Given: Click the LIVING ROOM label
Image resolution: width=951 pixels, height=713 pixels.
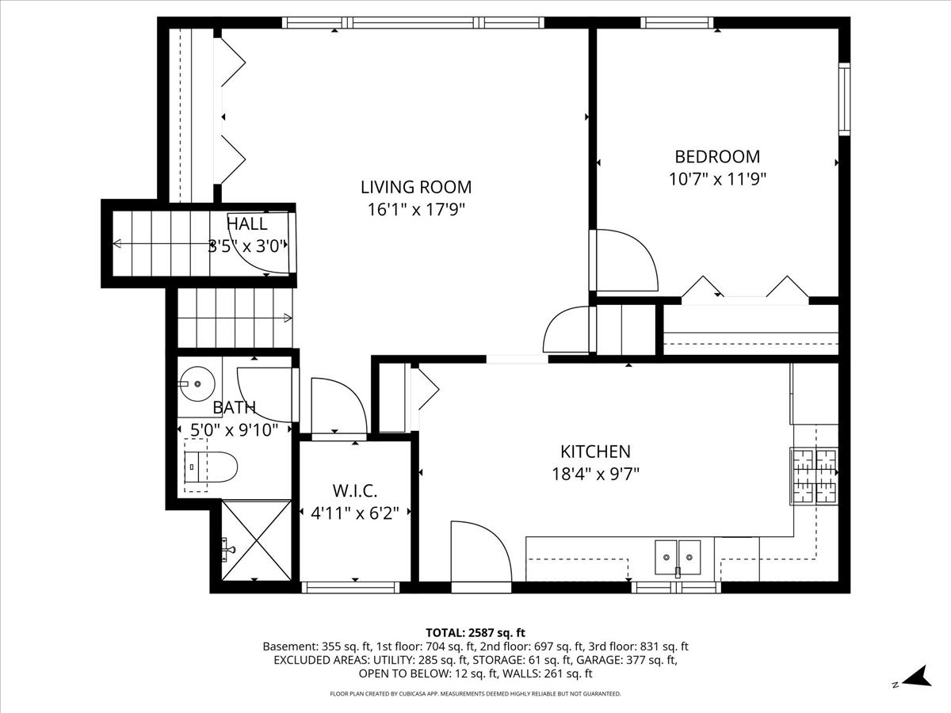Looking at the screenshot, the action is pyautogui.click(x=416, y=187).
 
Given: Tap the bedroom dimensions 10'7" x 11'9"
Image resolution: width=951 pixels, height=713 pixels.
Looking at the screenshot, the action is pyautogui.click(x=717, y=179).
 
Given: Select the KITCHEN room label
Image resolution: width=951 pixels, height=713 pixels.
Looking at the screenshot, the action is pyautogui.click(x=595, y=452).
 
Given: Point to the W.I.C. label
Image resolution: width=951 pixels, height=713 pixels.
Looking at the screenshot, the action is pyautogui.click(x=355, y=491).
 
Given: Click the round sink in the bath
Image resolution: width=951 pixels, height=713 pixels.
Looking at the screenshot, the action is pyautogui.click(x=197, y=383).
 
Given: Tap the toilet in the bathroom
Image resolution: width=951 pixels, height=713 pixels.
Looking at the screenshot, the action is pyautogui.click(x=211, y=467).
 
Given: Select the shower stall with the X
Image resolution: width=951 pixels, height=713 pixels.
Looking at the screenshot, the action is pyautogui.click(x=256, y=540).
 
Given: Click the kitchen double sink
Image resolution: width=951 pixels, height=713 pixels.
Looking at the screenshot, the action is pyautogui.click(x=678, y=557).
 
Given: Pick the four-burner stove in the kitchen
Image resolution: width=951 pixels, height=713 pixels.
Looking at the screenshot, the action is pyautogui.click(x=814, y=476).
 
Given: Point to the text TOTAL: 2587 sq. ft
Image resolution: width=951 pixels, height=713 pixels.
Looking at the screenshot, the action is pyautogui.click(x=475, y=632).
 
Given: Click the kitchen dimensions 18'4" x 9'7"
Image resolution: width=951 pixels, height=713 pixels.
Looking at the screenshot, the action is pyautogui.click(x=595, y=474).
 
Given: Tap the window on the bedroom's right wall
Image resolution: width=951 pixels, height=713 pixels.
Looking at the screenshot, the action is pyautogui.click(x=845, y=99).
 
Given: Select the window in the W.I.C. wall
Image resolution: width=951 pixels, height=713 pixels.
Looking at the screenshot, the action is pyautogui.click(x=350, y=588).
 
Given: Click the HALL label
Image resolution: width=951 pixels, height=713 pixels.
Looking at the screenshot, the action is pyautogui.click(x=247, y=224).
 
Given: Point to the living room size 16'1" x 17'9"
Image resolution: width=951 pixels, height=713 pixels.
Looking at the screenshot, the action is pyautogui.click(x=416, y=210).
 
